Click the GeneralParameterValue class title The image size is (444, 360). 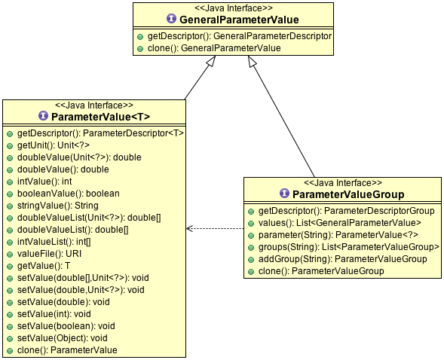click(x=239, y=20)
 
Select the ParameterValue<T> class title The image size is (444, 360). click(x=100, y=117)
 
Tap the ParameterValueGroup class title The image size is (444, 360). click(x=348, y=194)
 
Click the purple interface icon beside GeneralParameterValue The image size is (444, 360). click(x=171, y=19)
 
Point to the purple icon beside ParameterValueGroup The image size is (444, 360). click(x=284, y=194)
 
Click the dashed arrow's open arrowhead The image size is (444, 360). click(x=189, y=228)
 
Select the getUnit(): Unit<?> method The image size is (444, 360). click(x=54, y=145)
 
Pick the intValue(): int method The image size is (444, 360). click(x=44, y=182)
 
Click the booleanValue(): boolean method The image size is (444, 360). click(x=69, y=194)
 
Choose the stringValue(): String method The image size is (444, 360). click(x=58, y=206)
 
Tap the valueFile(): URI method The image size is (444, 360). click(x=49, y=254)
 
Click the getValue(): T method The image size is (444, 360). click(x=44, y=266)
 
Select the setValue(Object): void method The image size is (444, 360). click(x=63, y=338)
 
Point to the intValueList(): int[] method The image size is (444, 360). click(x=54, y=242)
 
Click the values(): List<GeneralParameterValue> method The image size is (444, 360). click(x=340, y=223)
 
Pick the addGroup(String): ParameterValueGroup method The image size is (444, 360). click(x=343, y=259)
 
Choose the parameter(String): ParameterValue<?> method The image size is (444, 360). click(x=338, y=235)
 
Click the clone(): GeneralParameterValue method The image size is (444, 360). click(x=214, y=48)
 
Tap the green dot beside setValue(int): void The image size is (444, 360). click(x=10, y=315)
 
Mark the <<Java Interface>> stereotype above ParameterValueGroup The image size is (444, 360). click(x=343, y=183)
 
